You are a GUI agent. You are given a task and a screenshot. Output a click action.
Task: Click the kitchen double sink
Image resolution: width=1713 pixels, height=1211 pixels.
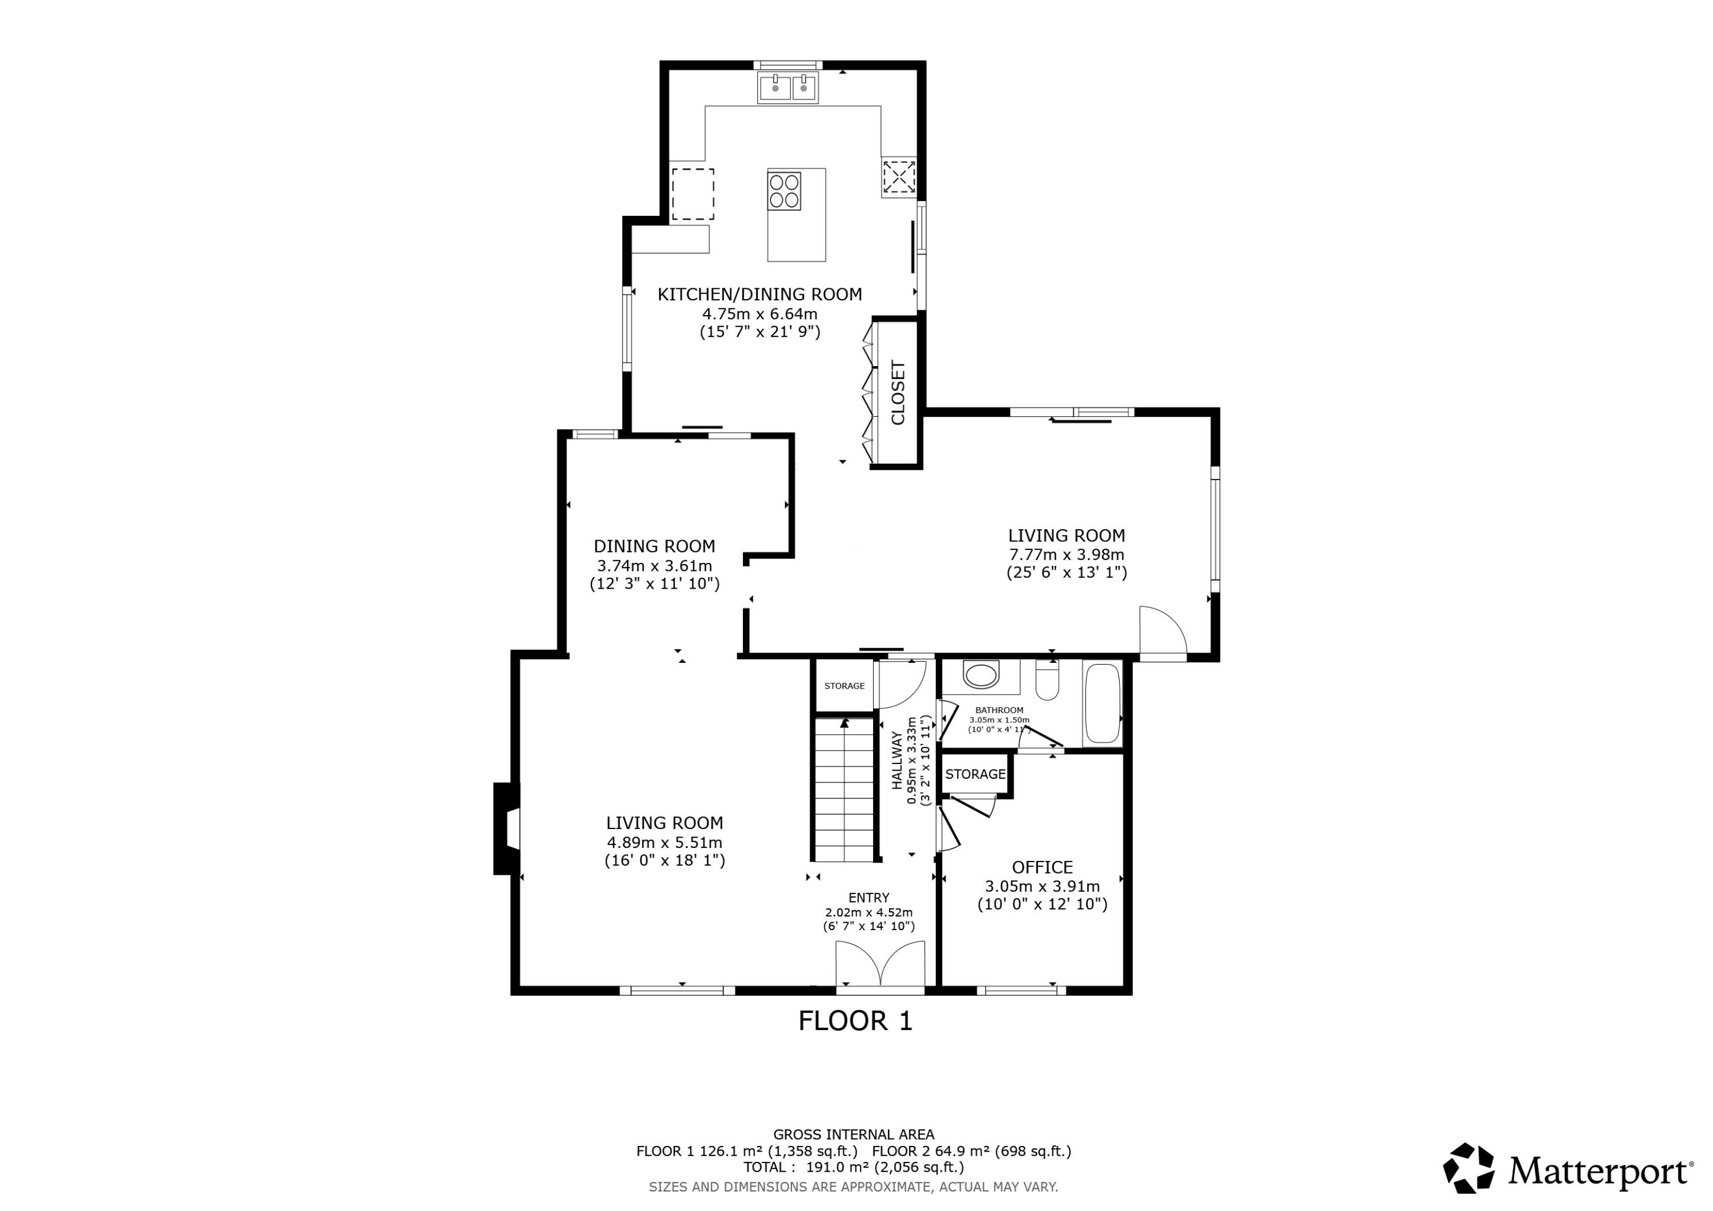[788, 88]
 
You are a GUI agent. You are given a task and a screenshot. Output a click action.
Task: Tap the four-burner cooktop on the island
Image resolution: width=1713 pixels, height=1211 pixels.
[784, 191]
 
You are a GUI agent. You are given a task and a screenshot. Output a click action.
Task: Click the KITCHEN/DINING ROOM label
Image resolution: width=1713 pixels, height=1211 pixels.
[759, 294]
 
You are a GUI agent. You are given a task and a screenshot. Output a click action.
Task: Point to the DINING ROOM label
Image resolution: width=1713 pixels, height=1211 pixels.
[654, 546]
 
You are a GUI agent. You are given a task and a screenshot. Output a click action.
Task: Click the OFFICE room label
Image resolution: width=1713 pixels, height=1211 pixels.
[1042, 867]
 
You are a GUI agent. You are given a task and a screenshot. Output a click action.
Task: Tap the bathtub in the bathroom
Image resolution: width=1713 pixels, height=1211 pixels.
[1102, 703]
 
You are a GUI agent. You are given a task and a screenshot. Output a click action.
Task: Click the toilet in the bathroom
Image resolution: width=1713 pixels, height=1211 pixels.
[1047, 681]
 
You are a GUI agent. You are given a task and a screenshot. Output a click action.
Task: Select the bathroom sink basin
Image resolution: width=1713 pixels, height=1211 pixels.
[981, 675]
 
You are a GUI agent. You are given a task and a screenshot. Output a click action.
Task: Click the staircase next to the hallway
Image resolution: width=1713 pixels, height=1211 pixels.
[843, 791]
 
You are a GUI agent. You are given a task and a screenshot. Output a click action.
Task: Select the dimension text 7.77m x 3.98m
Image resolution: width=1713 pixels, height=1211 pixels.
[1066, 554]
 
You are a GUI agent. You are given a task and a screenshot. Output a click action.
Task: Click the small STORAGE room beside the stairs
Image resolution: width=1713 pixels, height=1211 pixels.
[844, 686]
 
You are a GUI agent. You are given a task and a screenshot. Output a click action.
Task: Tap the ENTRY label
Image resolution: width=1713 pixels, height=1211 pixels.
[868, 898]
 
